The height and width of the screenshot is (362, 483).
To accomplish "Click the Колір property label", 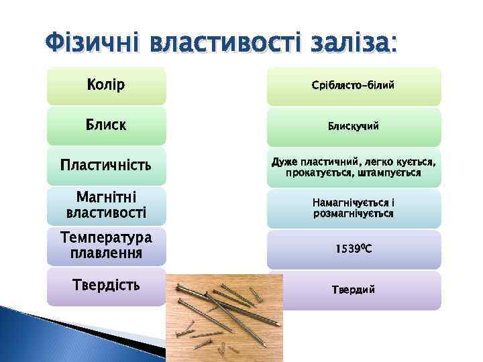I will pyautogui.click(x=106, y=86).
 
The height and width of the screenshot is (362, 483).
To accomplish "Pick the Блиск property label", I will pyautogui.click(x=106, y=125).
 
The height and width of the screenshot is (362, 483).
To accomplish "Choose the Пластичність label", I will pyautogui.click(x=106, y=165).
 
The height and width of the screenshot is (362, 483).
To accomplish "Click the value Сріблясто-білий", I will pyautogui.click(x=354, y=86).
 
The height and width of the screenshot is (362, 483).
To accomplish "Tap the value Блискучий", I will pyautogui.click(x=354, y=126).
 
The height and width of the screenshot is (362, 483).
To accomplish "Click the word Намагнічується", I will pyautogui.click(x=350, y=202).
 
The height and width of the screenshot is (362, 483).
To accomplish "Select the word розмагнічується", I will pyautogui.click(x=354, y=213).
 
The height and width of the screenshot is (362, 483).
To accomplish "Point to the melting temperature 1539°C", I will pyautogui.click(x=354, y=249).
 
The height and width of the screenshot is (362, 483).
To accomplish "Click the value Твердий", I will pyautogui.click(x=354, y=290).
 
